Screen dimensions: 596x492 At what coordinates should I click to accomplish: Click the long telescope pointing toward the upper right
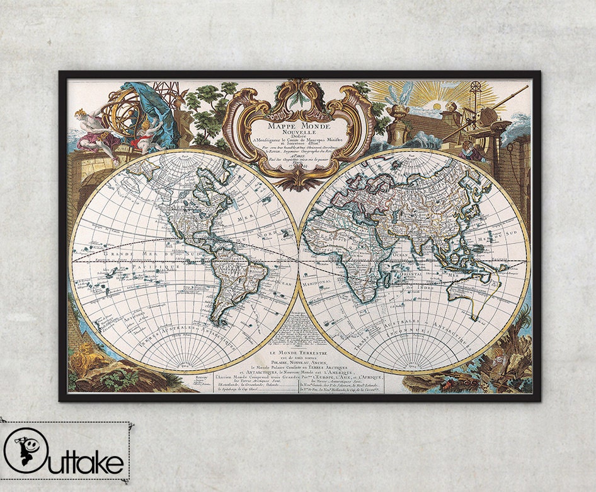(491, 107)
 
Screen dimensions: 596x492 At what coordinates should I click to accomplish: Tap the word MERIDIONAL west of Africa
(319, 282)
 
